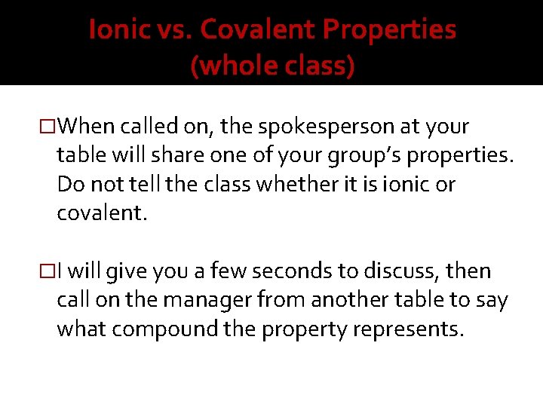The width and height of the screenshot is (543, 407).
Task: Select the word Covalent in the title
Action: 256,30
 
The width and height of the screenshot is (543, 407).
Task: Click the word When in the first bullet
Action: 85,127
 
